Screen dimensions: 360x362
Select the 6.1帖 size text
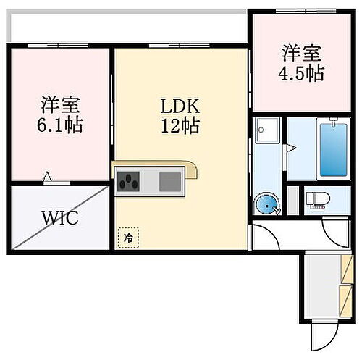[60, 125]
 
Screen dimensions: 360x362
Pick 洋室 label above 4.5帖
[302, 53]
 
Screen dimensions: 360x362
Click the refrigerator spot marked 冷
[127, 237]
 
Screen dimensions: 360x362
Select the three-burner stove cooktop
[130, 180]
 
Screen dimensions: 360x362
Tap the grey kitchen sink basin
[170, 180]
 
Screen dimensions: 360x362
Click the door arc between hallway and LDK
[261, 237]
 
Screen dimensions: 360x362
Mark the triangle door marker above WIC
[48, 176]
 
